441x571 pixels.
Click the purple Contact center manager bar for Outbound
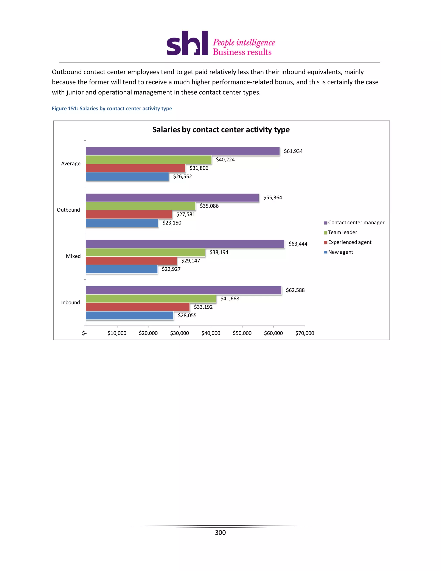pyautogui.click(x=172, y=198)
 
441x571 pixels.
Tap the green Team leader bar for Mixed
pyautogui.click(x=145, y=252)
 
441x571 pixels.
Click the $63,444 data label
pyautogui.click(x=298, y=244)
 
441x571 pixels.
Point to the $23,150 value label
pyautogui.click(x=172, y=223)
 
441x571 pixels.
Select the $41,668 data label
pyautogui.click(x=230, y=299)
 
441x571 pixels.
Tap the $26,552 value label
pyautogui.click(x=182, y=176)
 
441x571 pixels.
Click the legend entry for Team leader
pyautogui.click(x=342, y=232)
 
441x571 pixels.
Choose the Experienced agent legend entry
pyautogui.click(x=349, y=242)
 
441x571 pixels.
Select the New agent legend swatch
pyautogui.click(x=325, y=252)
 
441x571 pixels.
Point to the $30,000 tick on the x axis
pyautogui.click(x=180, y=333)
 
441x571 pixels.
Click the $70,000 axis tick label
pyautogui.click(x=305, y=333)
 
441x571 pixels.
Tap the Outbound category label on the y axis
pyautogui.click(x=68, y=210)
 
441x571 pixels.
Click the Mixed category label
pyautogui.click(x=73, y=256)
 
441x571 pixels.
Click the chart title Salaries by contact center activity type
pyautogui.click(x=221, y=130)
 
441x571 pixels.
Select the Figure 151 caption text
pyautogui.click(x=112, y=109)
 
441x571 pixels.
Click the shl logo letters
pyautogui.click(x=187, y=43)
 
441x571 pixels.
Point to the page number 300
pyautogui.click(x=220, y=533)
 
